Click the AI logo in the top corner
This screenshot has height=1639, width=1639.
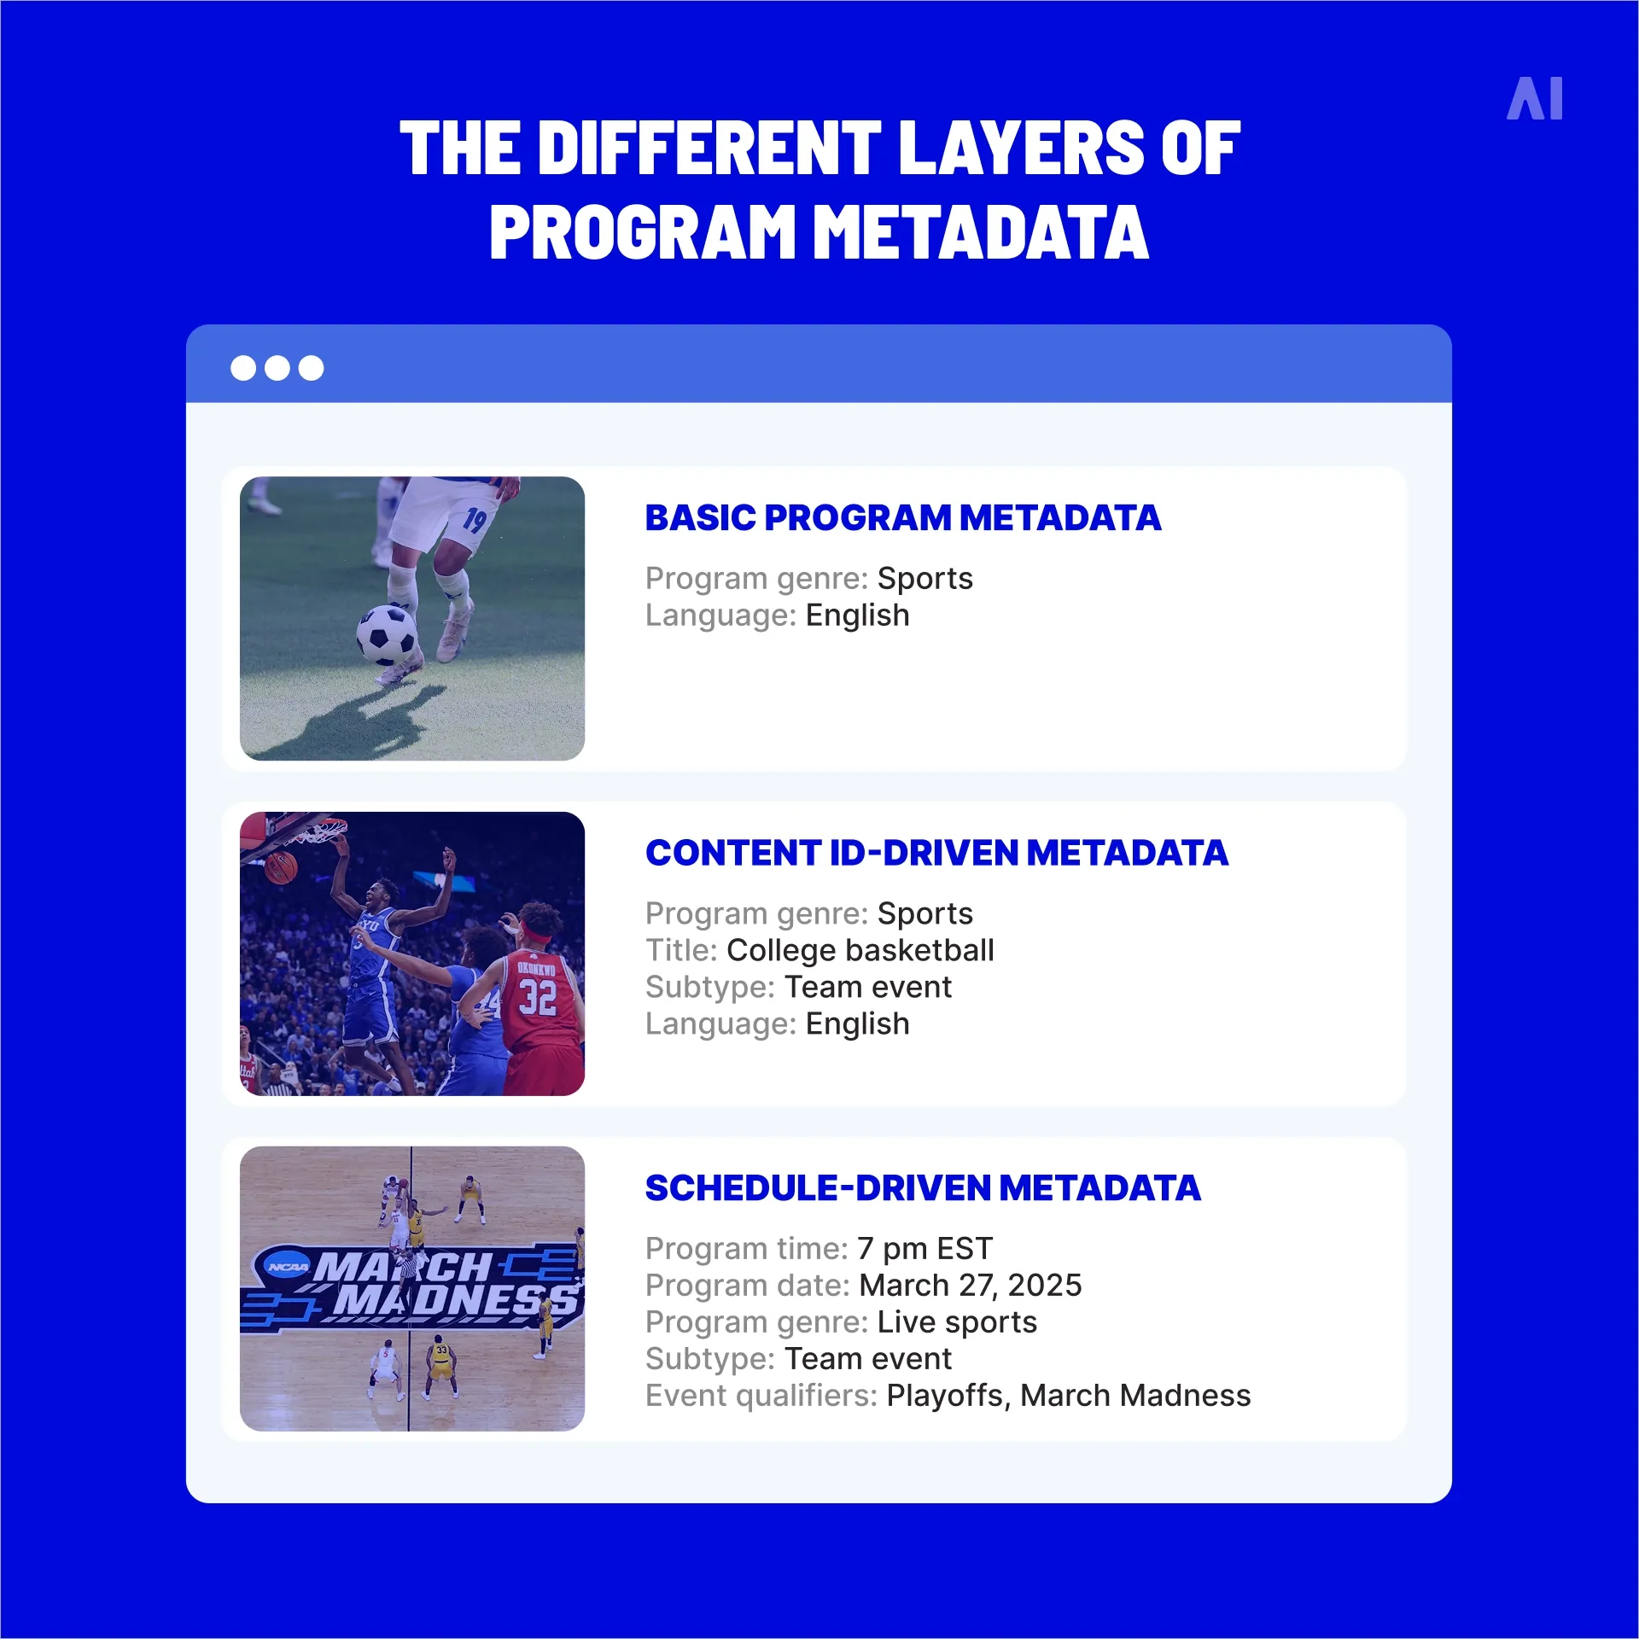pyautogui.click(x=1535, y=99)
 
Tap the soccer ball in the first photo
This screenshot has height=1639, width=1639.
pyautogui.click(x=387, y=634)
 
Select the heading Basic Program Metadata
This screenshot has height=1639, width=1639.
pyautogui.click(x=902, y=518)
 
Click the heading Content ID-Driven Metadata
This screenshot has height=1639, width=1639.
pyautogui.click(x=936, y=853)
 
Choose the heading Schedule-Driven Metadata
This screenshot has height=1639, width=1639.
pyautogui.click(x=923, y=1188)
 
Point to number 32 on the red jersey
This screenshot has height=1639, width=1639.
pyautogui.click(x=538, y=997)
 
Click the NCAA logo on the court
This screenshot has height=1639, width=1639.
pyautogui.click(x=288, y=1267)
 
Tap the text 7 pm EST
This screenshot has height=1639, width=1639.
pyautogui.click(x=925, y=1249)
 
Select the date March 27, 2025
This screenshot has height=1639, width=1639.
pyautogui.click(x=971, y=1286)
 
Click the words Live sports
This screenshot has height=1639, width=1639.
pyautogui.click(x=957, y=1322)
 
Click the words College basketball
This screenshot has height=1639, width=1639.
pyautogui.click(x=860, y=950)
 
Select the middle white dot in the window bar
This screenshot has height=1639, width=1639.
pyautogui.click(x=277, y=368)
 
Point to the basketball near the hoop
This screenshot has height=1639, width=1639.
pyautogui.click(x=280, y=868)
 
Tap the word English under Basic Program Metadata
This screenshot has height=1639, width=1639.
pyautogui.click(x=858, y=615)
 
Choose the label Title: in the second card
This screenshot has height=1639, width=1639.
pyautogui.click(x=681, y=950)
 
